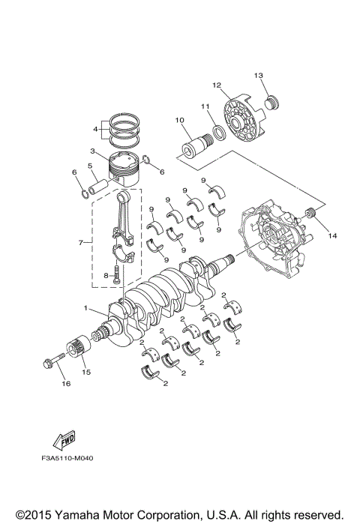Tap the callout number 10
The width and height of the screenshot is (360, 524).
179,120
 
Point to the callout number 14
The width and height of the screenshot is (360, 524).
333,235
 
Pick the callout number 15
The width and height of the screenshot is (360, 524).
85,372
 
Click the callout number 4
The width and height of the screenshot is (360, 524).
96,128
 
